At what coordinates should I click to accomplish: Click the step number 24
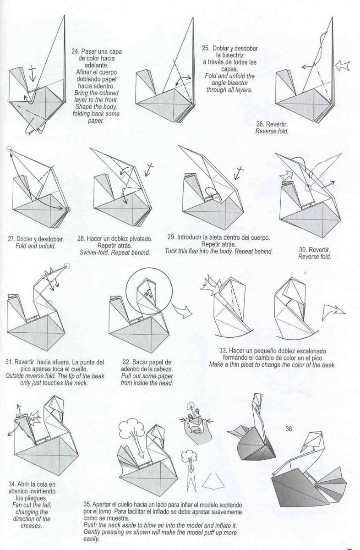click(75, 51)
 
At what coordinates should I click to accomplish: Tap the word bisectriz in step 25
click(229, 55)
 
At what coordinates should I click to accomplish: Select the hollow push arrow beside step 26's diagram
click(342, 66)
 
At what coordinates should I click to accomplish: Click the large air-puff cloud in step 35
click(132, 431)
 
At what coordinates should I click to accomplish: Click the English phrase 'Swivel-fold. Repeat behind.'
click(115, 253)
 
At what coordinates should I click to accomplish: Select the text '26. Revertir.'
click(272, 124)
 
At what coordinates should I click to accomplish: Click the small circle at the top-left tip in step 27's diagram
click(9, 148)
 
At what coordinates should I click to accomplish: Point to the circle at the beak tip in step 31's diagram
click(67, 266)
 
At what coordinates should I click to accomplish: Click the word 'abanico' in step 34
click(19, 491)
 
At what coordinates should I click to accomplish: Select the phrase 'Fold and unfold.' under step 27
click(35, 246)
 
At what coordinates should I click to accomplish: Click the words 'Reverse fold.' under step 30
click(314, 257)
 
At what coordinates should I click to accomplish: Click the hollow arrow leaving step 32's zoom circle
click(182, 310)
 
